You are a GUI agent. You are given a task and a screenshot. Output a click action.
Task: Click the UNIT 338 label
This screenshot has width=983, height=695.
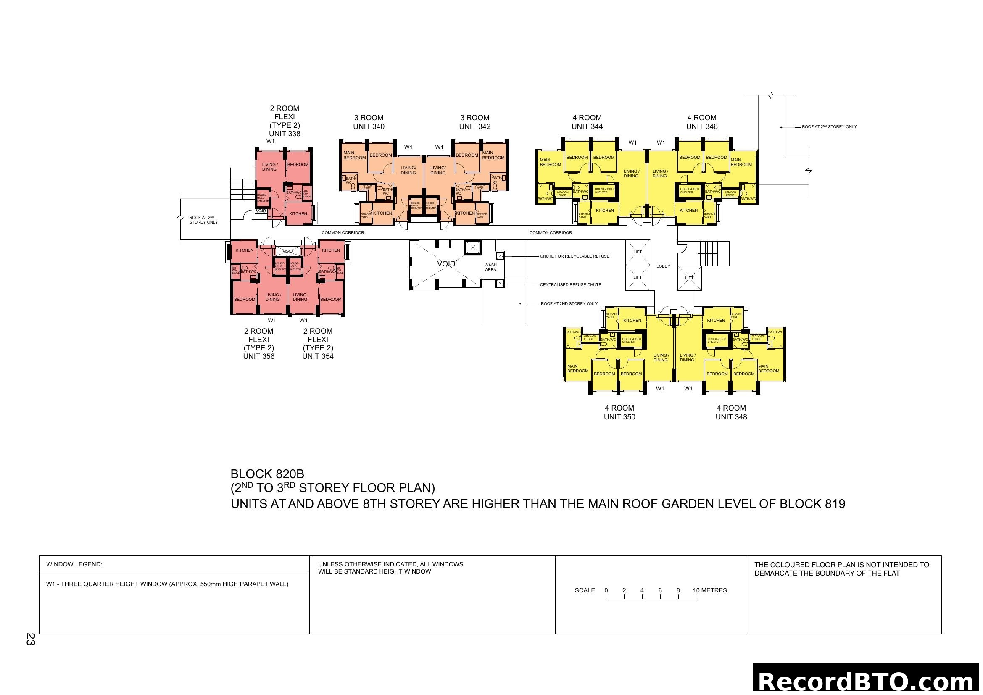click(284, 134)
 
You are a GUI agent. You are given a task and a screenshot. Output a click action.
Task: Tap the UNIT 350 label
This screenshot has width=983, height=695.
click(619, 417)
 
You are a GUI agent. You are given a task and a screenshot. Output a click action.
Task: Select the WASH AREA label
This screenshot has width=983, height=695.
click(490, 267)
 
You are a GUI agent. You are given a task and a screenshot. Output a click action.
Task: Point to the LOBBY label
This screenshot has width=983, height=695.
click(663, 266)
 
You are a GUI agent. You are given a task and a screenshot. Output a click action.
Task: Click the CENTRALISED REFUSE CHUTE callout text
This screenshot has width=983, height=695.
click(570, 284)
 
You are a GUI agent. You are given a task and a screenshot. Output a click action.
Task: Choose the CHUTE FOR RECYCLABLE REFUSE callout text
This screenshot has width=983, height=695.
click(574, 256)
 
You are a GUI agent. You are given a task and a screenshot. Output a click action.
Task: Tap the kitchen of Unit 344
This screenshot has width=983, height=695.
click(604, 210)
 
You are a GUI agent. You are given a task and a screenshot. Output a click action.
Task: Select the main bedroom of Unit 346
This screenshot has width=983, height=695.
click(741, 162)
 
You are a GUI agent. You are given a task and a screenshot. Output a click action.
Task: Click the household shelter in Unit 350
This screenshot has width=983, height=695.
click(631, 340)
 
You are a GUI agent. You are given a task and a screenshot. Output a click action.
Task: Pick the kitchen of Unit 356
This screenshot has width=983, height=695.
click(245, 250)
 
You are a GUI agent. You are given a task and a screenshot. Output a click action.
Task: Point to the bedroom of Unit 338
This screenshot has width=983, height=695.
click(298, 164)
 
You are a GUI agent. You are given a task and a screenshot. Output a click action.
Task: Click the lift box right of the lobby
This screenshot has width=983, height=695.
click(689, 278)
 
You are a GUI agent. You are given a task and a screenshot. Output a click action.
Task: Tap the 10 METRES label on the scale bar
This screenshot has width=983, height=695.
click(709, 590)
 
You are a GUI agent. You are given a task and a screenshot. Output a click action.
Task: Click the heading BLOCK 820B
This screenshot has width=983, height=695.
click(267, 474)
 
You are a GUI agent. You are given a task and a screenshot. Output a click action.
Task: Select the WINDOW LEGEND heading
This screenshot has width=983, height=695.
click(74, 564)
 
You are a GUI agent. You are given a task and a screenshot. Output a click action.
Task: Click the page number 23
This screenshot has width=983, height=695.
click(30, 639)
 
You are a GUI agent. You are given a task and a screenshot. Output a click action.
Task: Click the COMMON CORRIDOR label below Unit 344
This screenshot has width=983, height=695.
click(550, 232)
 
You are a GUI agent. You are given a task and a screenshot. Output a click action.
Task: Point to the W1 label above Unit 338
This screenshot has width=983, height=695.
click(270, 141)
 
